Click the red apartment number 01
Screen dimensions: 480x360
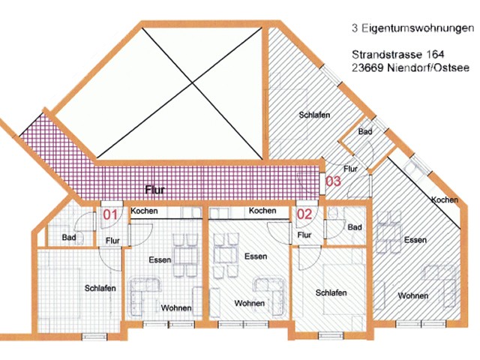(x=110, y=214)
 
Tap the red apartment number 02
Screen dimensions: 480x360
(x=304, y=214)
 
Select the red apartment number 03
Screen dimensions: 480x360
(x=333, y=181)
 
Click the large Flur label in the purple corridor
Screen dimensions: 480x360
(x=155, y=190)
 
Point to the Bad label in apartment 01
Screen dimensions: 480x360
(x=69, y=237)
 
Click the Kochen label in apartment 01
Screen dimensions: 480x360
(x=144, y=211)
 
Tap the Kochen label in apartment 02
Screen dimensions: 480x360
(x=262, y=211)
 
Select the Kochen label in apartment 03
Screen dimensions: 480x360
(x=445, y=200)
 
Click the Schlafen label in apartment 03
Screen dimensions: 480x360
(x=314, y=115)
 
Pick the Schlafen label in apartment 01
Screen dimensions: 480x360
(x=100, y=288)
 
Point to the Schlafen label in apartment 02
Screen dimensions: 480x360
(x=331, y=292)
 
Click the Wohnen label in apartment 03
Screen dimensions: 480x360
(x=413, y=295)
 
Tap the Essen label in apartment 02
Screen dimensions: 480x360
(x=256, y=256)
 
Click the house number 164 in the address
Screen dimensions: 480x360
(x=434, y=55)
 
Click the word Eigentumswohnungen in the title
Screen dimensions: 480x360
(x=418, y=28)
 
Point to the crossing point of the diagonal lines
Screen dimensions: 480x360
(x=192, y=82)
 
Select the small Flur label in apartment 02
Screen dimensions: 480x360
(x=304, y=235)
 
